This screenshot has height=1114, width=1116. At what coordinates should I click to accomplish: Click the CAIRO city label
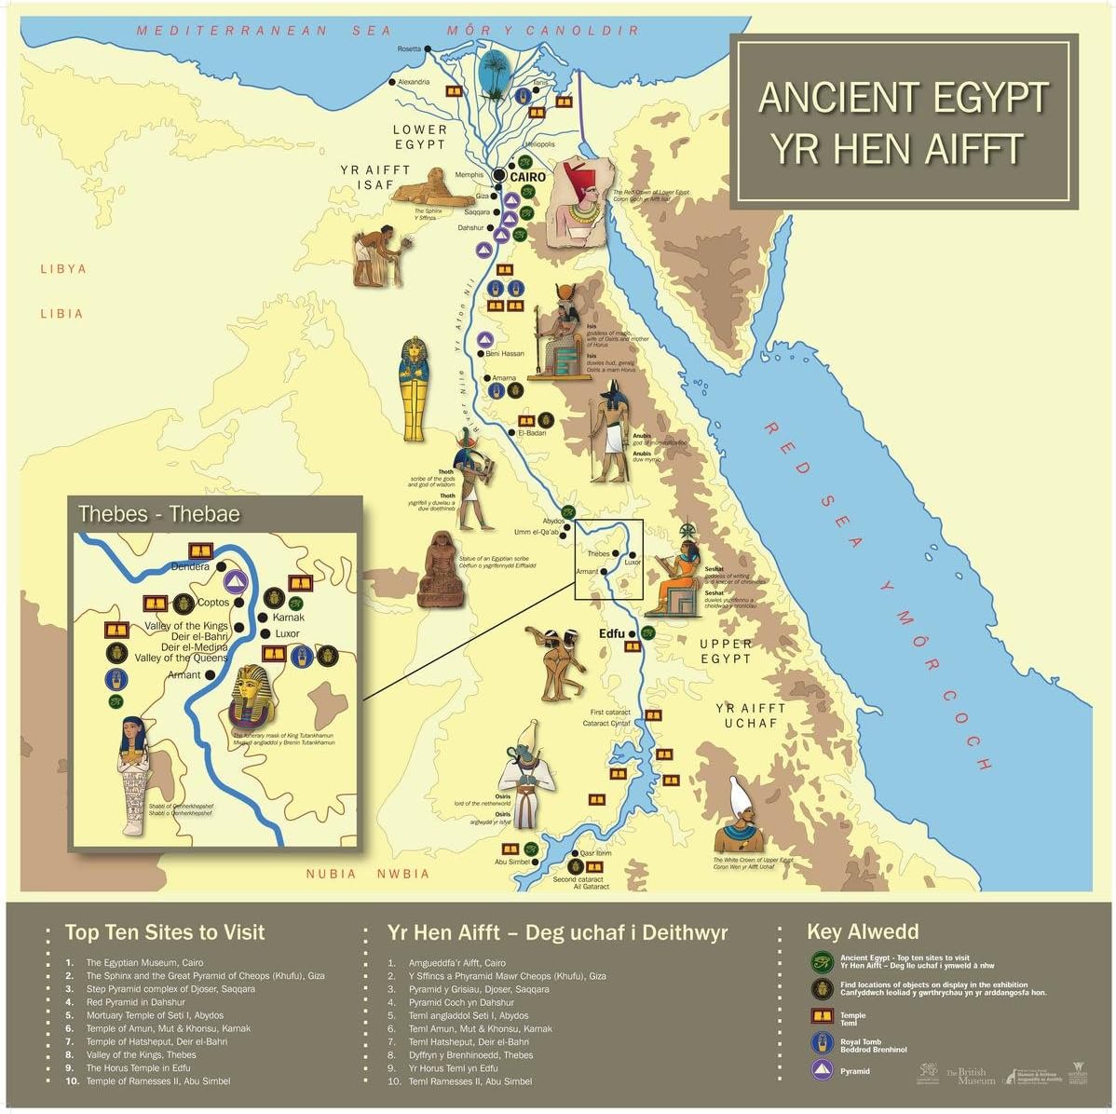pyautogui.click(x=527, y=177)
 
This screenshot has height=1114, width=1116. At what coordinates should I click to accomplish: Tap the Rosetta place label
pyautogui.click(x=408, y=48)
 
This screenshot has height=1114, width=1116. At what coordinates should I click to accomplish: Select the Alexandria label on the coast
pyautogui.click(x=414, y=82)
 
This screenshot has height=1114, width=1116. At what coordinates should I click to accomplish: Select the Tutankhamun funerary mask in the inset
pyautogui.click(x=254, y=697)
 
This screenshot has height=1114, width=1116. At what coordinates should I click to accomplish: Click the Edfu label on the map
pyautogui.click(x=611, y=633)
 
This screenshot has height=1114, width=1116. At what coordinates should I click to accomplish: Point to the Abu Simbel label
pyautogui.click(x=512, y=862)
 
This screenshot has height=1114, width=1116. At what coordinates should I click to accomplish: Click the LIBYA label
pyautogui.click(x=63, y=269)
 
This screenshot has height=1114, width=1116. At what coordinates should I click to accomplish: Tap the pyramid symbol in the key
pyautogui.click(x=821, y=1070)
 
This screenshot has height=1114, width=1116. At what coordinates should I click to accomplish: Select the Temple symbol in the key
pyautogui.click(x=821, y=1017)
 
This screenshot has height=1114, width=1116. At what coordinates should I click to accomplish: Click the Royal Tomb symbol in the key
pyautogui.click(x=821, y=1043)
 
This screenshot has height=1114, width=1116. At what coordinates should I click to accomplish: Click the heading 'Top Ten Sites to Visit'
pyautogui.click(x=165, y=932)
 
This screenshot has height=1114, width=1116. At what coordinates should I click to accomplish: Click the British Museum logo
pyautogui.click(x=971, y=1076)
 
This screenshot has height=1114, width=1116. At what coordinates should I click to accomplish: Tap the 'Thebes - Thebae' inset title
pyautogui.click(x=159, y=513)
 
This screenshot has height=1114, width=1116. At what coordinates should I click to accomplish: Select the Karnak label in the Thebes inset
pyautogui.click(x=288, y=617)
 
